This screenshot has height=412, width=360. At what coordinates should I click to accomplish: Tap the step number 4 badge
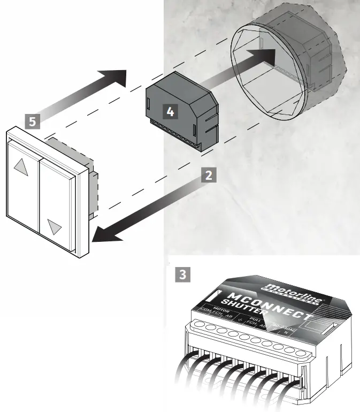[170, 112]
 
